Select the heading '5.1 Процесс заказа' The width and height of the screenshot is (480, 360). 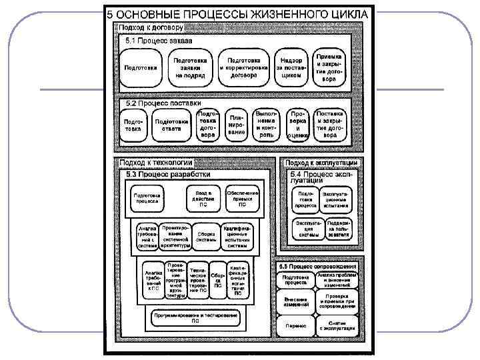[155, 41]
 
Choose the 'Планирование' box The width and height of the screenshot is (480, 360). [237, 125]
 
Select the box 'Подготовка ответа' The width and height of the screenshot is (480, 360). [171, 125]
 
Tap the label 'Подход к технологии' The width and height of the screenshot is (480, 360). [155, 162]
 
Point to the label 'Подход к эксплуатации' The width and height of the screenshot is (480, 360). [321, 162]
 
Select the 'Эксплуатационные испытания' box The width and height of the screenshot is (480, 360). [337, 199]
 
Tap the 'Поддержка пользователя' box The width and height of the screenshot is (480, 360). [339, 229]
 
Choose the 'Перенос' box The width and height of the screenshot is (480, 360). [295, 325]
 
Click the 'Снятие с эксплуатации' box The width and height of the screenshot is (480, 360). [337, 325]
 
